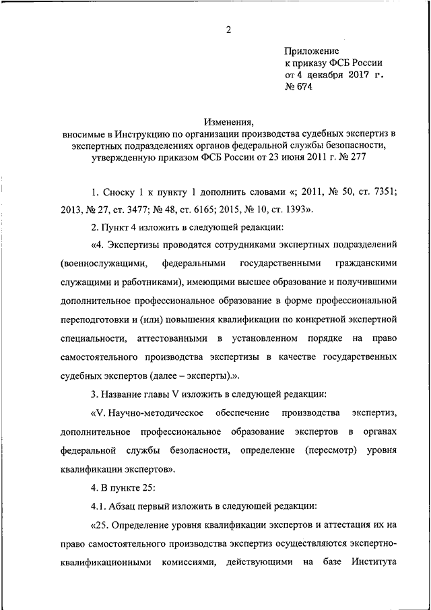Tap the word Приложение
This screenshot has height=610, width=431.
[x=312, y=51]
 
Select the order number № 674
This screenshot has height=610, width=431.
[x=299, y=88]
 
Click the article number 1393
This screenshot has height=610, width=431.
[x=297, y=209]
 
